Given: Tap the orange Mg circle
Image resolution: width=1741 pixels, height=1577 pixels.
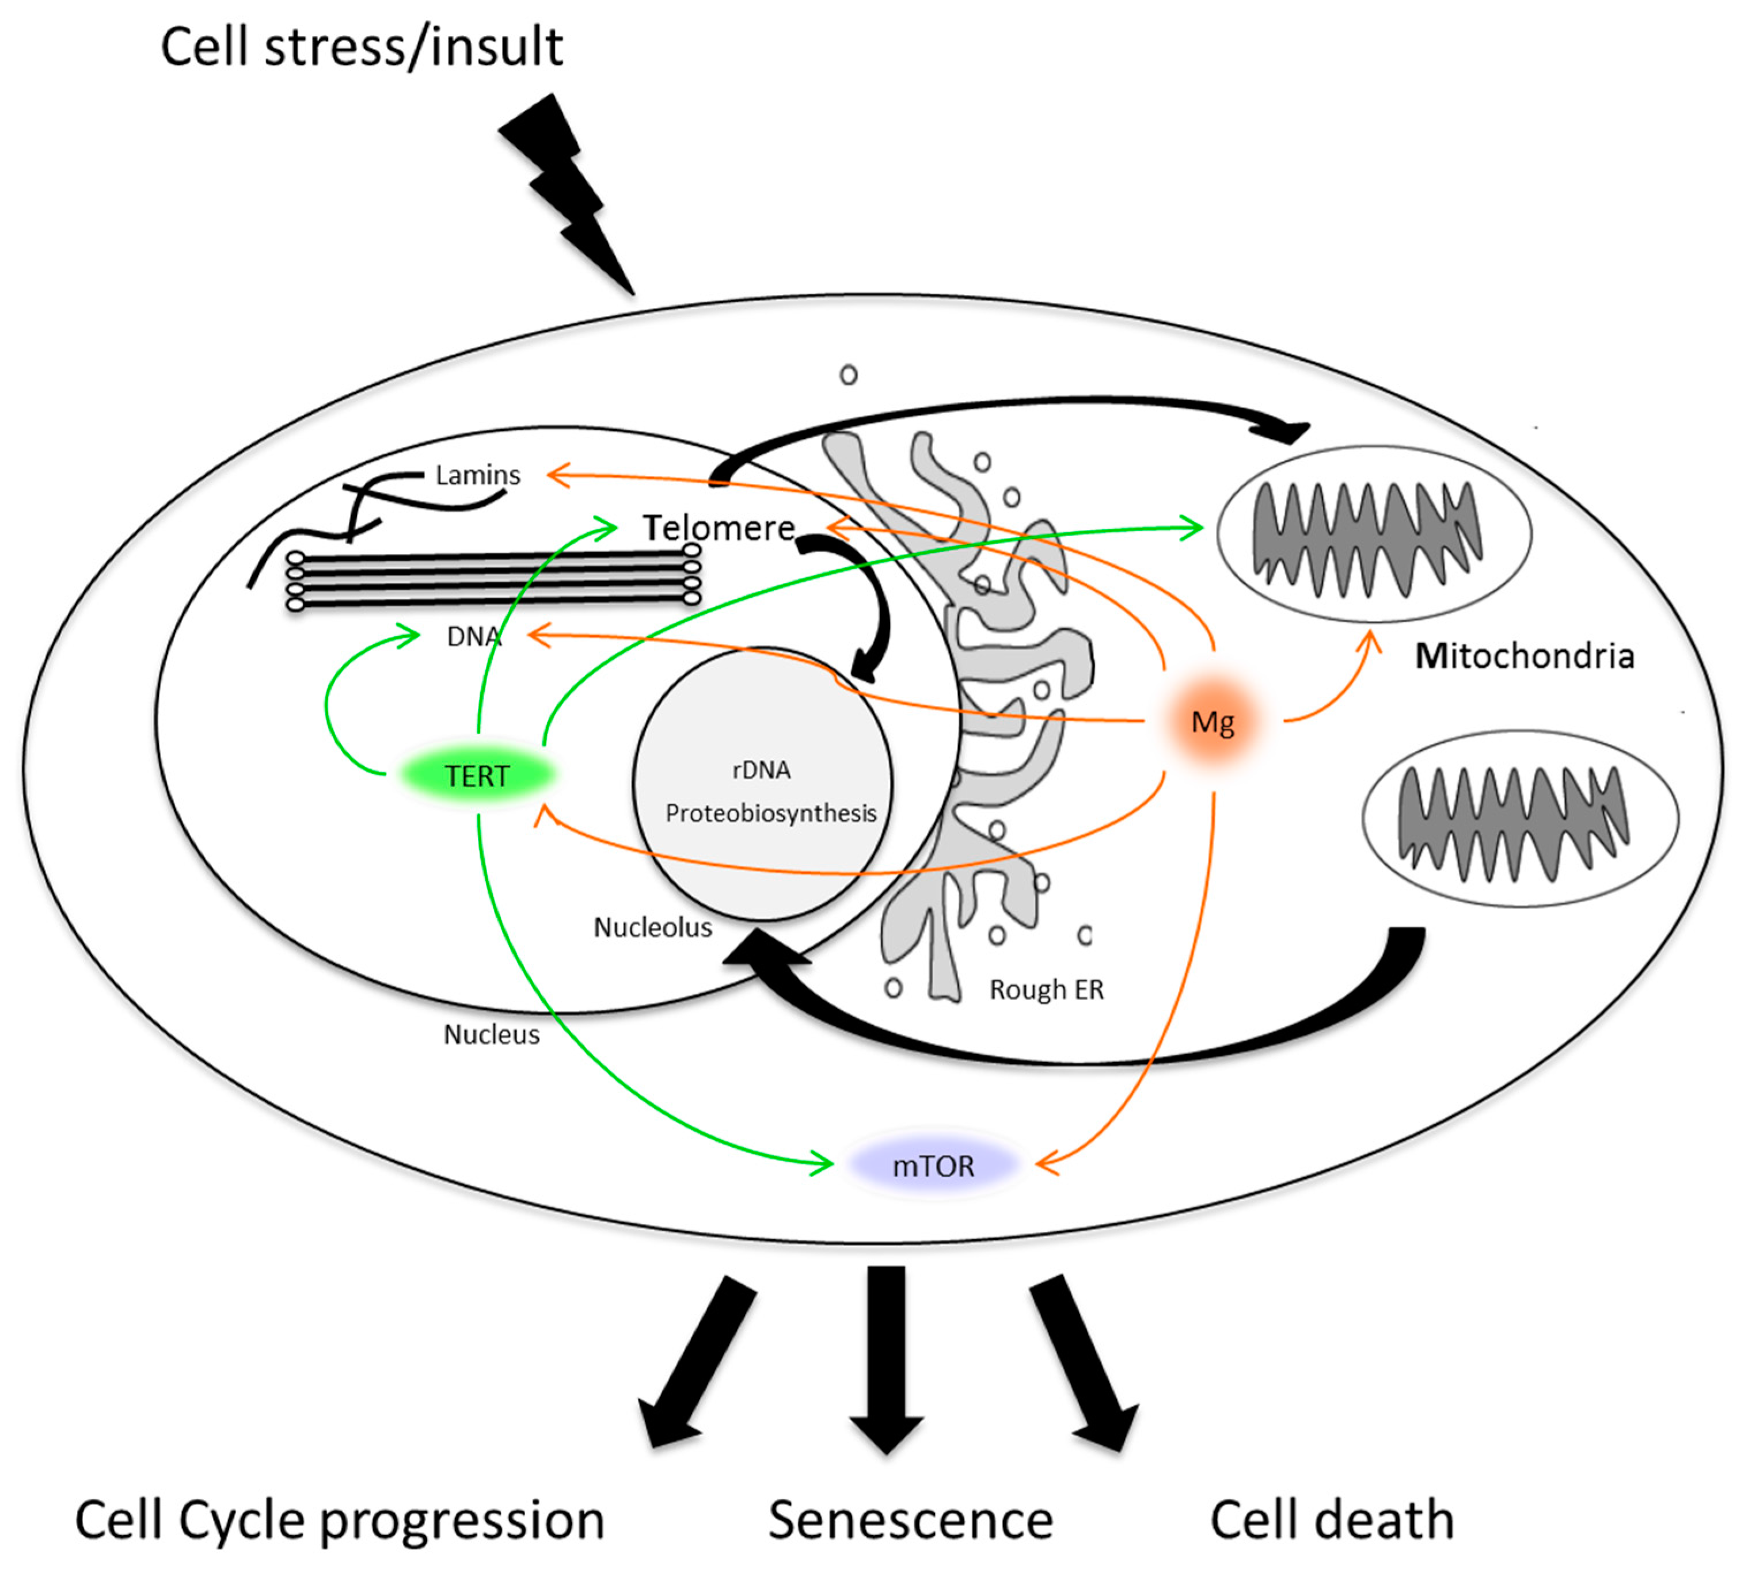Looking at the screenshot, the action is [1212, 721].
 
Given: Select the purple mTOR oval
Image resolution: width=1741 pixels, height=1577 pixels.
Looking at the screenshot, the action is [933, 1166].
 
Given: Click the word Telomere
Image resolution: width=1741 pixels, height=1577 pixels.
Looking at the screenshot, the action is [719, 528].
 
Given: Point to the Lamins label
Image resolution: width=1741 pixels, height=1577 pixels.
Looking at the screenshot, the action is [478, 475].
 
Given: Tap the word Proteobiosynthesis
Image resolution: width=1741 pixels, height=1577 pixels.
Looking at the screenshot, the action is [770, 813].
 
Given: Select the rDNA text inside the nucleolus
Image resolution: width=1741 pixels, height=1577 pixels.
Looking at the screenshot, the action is [761, 770].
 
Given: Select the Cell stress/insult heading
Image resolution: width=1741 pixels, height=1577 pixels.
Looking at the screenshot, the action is [362, 48].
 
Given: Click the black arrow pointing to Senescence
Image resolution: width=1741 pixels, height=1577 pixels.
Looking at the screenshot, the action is [886, 1360].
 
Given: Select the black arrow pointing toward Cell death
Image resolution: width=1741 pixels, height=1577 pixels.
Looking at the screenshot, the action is [1084, 1364].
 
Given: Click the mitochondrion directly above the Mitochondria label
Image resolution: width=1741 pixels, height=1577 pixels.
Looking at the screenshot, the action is [1374, 533].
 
